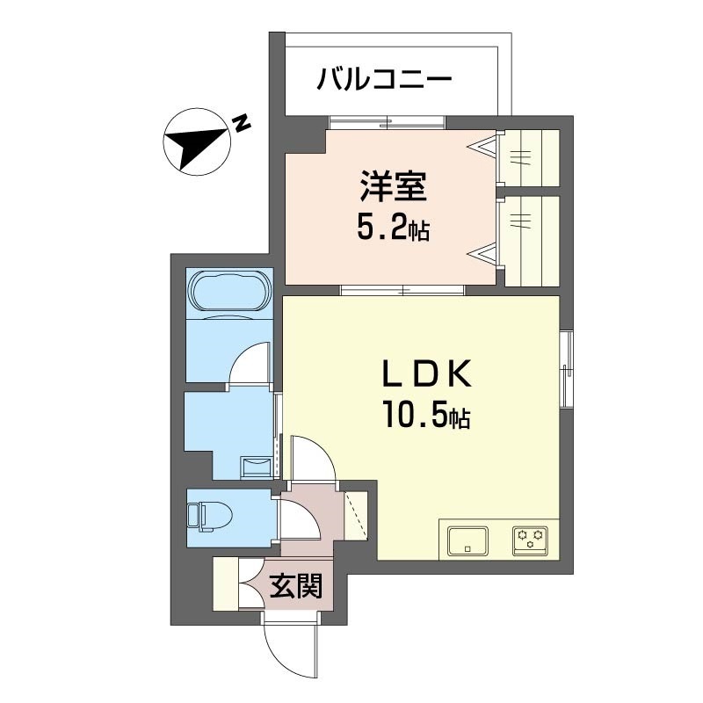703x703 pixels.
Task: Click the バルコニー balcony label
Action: (384, 80)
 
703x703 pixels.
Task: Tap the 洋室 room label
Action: (393, 186)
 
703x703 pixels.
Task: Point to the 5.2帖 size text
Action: (393, 228)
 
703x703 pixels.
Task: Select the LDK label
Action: (426, 373)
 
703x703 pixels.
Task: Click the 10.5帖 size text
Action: (425, 415)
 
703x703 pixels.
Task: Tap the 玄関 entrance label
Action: (296, 585)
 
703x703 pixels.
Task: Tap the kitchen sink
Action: (468, 540)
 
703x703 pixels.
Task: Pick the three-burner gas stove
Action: (531, 540)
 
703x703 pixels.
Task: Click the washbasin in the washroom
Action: (256, 467)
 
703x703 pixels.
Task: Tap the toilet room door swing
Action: (299, 518)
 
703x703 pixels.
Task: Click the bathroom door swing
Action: (249, 363)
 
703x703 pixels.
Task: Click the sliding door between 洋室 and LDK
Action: (402, 290)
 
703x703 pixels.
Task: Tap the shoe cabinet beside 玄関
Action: (226, 583)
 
